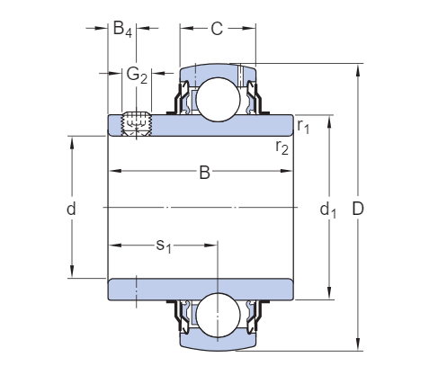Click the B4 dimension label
[122, 29]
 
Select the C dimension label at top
[217, 29]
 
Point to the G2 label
[137, 75]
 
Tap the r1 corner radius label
[303, 126]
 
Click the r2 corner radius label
[282, 147]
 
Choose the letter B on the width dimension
[205, 173]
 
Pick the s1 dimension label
[164, 246]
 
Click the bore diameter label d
[71, 209]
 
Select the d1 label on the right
[328, 210]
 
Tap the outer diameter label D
[358, 209]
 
